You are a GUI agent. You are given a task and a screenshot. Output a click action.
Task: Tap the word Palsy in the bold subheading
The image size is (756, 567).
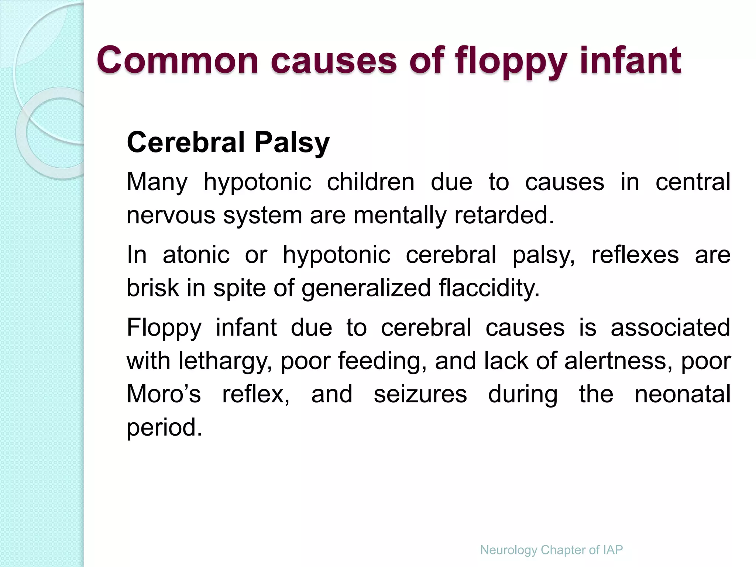(x=292, y=143)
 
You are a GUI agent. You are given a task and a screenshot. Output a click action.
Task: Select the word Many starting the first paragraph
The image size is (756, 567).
(x=157, y=182)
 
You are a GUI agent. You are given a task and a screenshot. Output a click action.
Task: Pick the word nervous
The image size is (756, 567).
(x=171, y=215)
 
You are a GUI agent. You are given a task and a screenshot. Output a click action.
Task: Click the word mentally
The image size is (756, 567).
(x=400, y=215)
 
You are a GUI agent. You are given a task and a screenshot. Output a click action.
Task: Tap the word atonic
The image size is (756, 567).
(x=196, y=255)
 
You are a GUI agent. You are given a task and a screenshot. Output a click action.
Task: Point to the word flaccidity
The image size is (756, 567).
(x=489, y=288)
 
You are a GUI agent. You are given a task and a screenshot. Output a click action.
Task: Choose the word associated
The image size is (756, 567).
(x=670, y=327)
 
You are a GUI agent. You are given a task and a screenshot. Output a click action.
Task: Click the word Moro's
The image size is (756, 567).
(x=164, y=394)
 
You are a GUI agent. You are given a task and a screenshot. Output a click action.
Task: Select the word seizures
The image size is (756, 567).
(x=420, y=394)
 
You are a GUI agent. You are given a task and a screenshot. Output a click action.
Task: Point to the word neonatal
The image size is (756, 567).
(x=683, y=394)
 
